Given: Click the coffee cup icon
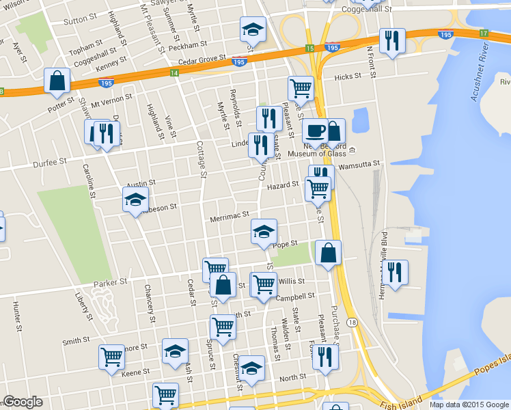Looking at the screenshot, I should tap(314, 131).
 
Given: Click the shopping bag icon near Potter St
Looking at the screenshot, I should tap(57, 81).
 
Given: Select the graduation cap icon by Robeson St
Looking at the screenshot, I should tap(135, 200).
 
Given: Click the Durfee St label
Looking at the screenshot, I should tap(53, 162).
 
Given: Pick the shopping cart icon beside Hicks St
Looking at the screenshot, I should tap(301, 87).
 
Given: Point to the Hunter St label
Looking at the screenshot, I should tap(16, 313).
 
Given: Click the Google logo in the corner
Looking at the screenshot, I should tap(23, 402).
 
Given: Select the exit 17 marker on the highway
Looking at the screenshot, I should tap(484, 33).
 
